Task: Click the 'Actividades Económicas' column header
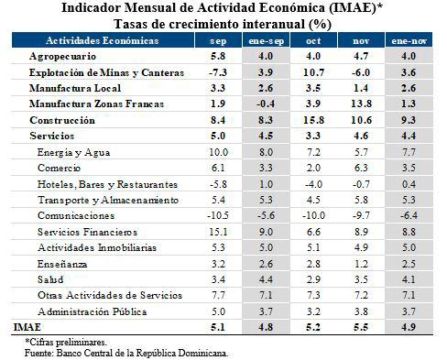103,41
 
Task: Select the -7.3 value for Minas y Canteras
215,72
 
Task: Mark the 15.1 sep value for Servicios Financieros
216,231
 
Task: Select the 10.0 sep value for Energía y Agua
216,151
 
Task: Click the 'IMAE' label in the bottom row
27,325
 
